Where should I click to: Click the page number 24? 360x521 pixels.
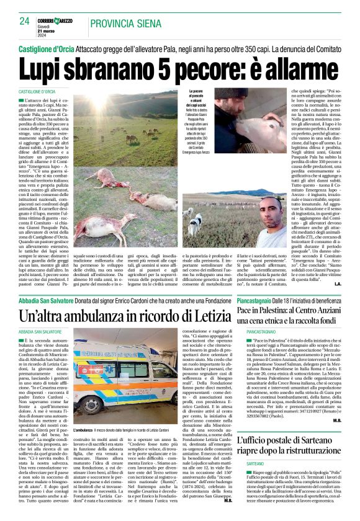(x=24, y=21)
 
